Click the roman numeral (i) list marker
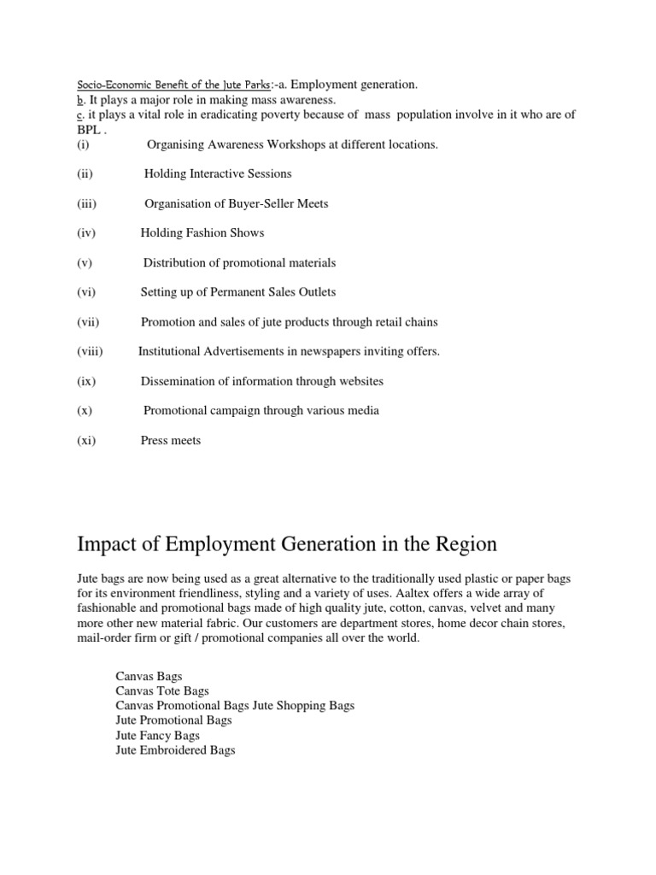click(x=82, y=144)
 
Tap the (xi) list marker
click(x=85, y=440)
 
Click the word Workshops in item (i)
click(x=309, y=144)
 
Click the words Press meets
click(x=171, y=440)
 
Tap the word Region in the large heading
click(x=461, y=545)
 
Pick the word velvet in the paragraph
click(x=491, y=608)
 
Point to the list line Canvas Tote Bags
click(x=162, y=690)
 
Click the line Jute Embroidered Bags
click(x=175, y=750)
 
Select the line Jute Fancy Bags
click(x=158, y=735)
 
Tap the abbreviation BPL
click(x=89, y=129)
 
